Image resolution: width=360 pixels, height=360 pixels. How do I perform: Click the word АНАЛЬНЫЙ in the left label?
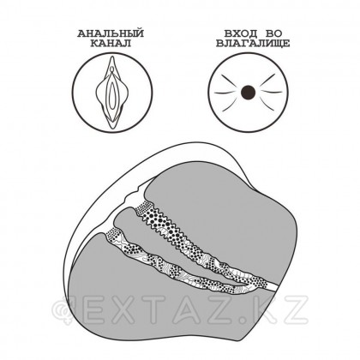coord(111,34)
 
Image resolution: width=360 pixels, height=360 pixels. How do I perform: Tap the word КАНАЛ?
coord(111,44)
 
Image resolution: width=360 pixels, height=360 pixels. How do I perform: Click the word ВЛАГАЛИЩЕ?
coord(253,44)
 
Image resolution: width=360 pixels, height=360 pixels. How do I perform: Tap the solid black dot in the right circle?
coord(248,93)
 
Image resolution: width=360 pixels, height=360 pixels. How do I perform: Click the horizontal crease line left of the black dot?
coord(225,93)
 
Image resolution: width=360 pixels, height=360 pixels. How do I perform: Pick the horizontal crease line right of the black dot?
coord(272,92)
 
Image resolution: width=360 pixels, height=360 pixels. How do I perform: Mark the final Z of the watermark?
coord(295,309)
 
